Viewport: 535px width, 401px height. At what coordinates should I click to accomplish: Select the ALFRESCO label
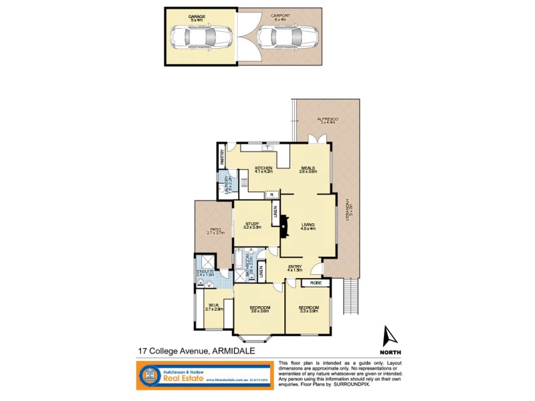328,119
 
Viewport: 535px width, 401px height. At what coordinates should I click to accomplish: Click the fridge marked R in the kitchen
272,195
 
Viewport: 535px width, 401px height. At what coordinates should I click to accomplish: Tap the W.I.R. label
213,307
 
